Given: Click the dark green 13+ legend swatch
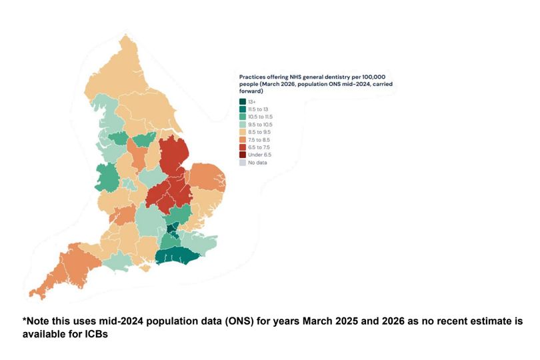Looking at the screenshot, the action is point(243,101).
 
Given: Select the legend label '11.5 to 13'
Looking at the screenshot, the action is point(258,109).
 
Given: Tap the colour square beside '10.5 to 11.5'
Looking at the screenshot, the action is point(243,117).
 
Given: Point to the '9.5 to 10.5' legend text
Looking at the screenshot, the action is point(260,125).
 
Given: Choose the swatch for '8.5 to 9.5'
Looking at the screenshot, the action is point(243,132).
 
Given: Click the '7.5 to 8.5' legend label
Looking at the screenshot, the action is point(259,140).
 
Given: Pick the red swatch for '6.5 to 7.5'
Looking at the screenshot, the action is point(243,147).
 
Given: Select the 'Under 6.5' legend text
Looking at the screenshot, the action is point(260,155).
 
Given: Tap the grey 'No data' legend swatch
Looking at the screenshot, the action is point(243,163).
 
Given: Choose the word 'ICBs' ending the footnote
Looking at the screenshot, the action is point(97,334).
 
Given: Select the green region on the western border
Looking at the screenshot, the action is point(107,177).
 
